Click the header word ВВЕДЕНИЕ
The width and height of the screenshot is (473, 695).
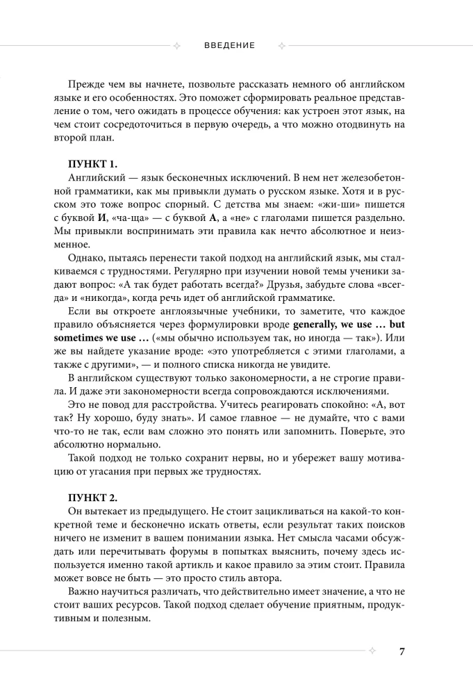230,46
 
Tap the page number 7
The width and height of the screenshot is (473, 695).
402,651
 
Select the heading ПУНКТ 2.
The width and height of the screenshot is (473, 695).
93,497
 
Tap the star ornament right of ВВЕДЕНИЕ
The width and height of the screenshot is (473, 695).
282,46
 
